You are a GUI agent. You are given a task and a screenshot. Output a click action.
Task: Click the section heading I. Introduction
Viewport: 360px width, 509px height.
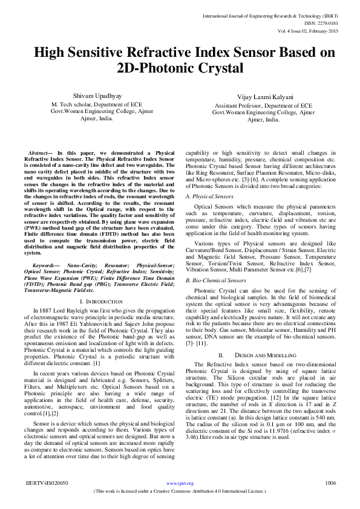click(99, 301)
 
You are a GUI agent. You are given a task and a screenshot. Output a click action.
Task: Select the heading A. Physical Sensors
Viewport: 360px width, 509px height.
click(209, 196)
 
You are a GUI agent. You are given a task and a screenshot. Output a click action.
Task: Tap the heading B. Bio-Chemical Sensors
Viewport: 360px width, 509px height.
click(216, 280)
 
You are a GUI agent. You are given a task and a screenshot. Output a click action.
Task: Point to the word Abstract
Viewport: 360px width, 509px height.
click(40, 153)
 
